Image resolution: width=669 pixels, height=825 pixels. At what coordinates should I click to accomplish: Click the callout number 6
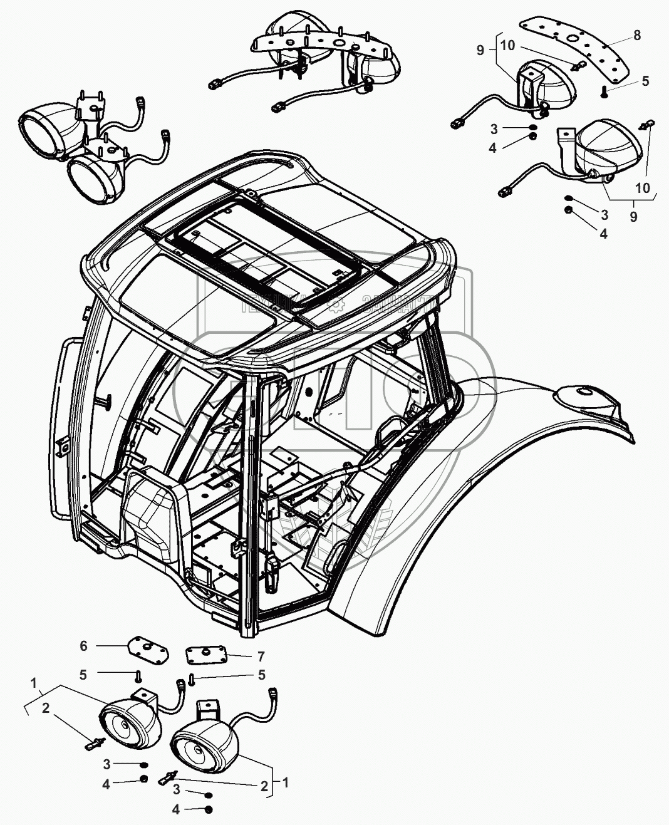tap(83, 646)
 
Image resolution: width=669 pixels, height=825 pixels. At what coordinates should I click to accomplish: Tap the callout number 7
tap(261, 656)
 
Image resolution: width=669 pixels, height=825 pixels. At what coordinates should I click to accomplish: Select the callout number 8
tap(637, 36)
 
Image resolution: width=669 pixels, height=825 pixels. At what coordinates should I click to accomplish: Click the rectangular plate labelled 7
tap(206, 655)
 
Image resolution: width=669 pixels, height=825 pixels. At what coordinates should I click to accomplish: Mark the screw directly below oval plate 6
tap(137, 675)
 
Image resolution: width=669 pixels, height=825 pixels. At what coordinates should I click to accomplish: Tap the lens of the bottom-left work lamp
tap(122, 729)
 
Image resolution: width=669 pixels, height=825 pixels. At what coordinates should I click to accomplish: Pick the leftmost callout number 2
tap(45, 708)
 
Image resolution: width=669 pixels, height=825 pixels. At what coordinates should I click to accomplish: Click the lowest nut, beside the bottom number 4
tap(209, 809)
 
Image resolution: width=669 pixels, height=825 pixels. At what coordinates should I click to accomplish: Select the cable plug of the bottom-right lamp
tap(273, 693)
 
